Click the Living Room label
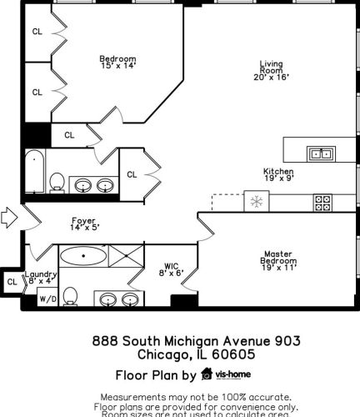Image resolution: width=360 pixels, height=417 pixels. [x=271, y=70]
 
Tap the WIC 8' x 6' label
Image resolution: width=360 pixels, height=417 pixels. [x=171, y=269]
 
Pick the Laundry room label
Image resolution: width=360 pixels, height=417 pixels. [x=40, y=279]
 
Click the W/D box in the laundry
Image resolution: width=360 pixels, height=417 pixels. [x=47, y=300]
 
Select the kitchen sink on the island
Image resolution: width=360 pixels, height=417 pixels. [x=320, y=153]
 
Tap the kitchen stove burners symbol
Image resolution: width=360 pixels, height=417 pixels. [x=322, y=202]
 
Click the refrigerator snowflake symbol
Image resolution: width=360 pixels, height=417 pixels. [x=256, y=202]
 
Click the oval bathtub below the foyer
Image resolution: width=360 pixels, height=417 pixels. [x=82, y=256]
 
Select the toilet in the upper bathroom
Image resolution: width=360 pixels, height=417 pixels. [x=57, y=182]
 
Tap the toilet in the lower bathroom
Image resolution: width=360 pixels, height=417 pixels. [x=71, y=296]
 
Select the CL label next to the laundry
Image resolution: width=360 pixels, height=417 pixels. [x=12, y=283]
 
